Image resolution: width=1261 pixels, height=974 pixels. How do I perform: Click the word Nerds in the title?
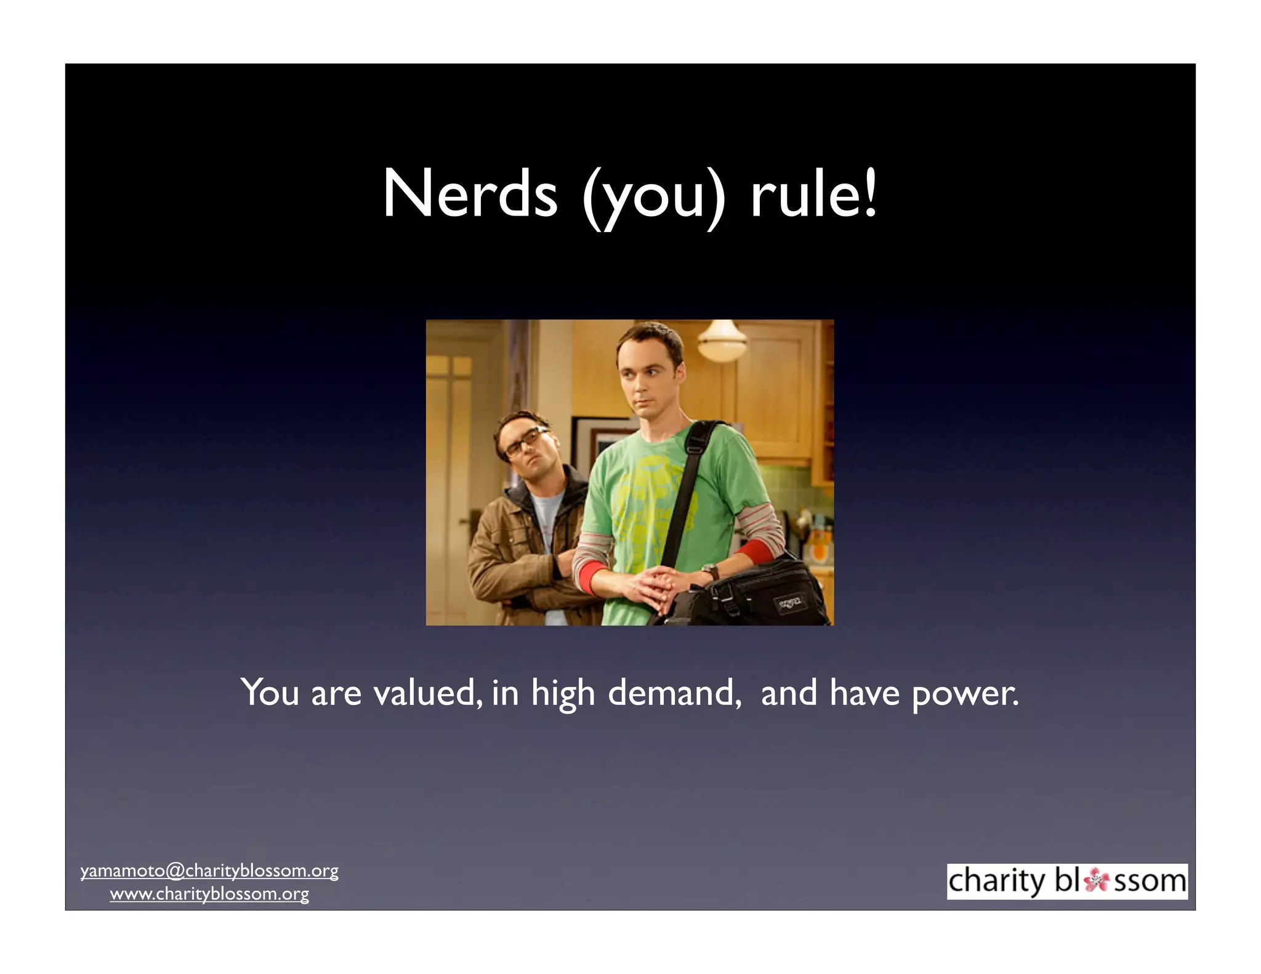(x=469, y=195)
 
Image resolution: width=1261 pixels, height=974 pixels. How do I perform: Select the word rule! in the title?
(x=813, y=195)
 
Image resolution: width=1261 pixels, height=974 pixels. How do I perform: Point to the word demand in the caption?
(x=674, y=693)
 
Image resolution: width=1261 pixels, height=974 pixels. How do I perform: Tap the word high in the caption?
(x=563, y=694)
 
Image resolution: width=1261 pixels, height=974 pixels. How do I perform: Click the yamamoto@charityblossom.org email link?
(x=209, y=871)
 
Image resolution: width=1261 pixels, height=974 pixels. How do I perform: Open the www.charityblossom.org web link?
(x=209, y=894)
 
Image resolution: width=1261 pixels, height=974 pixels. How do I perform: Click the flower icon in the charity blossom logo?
(x=1096, y=880)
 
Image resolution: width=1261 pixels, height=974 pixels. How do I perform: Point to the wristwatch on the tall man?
(x=711, y=571)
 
